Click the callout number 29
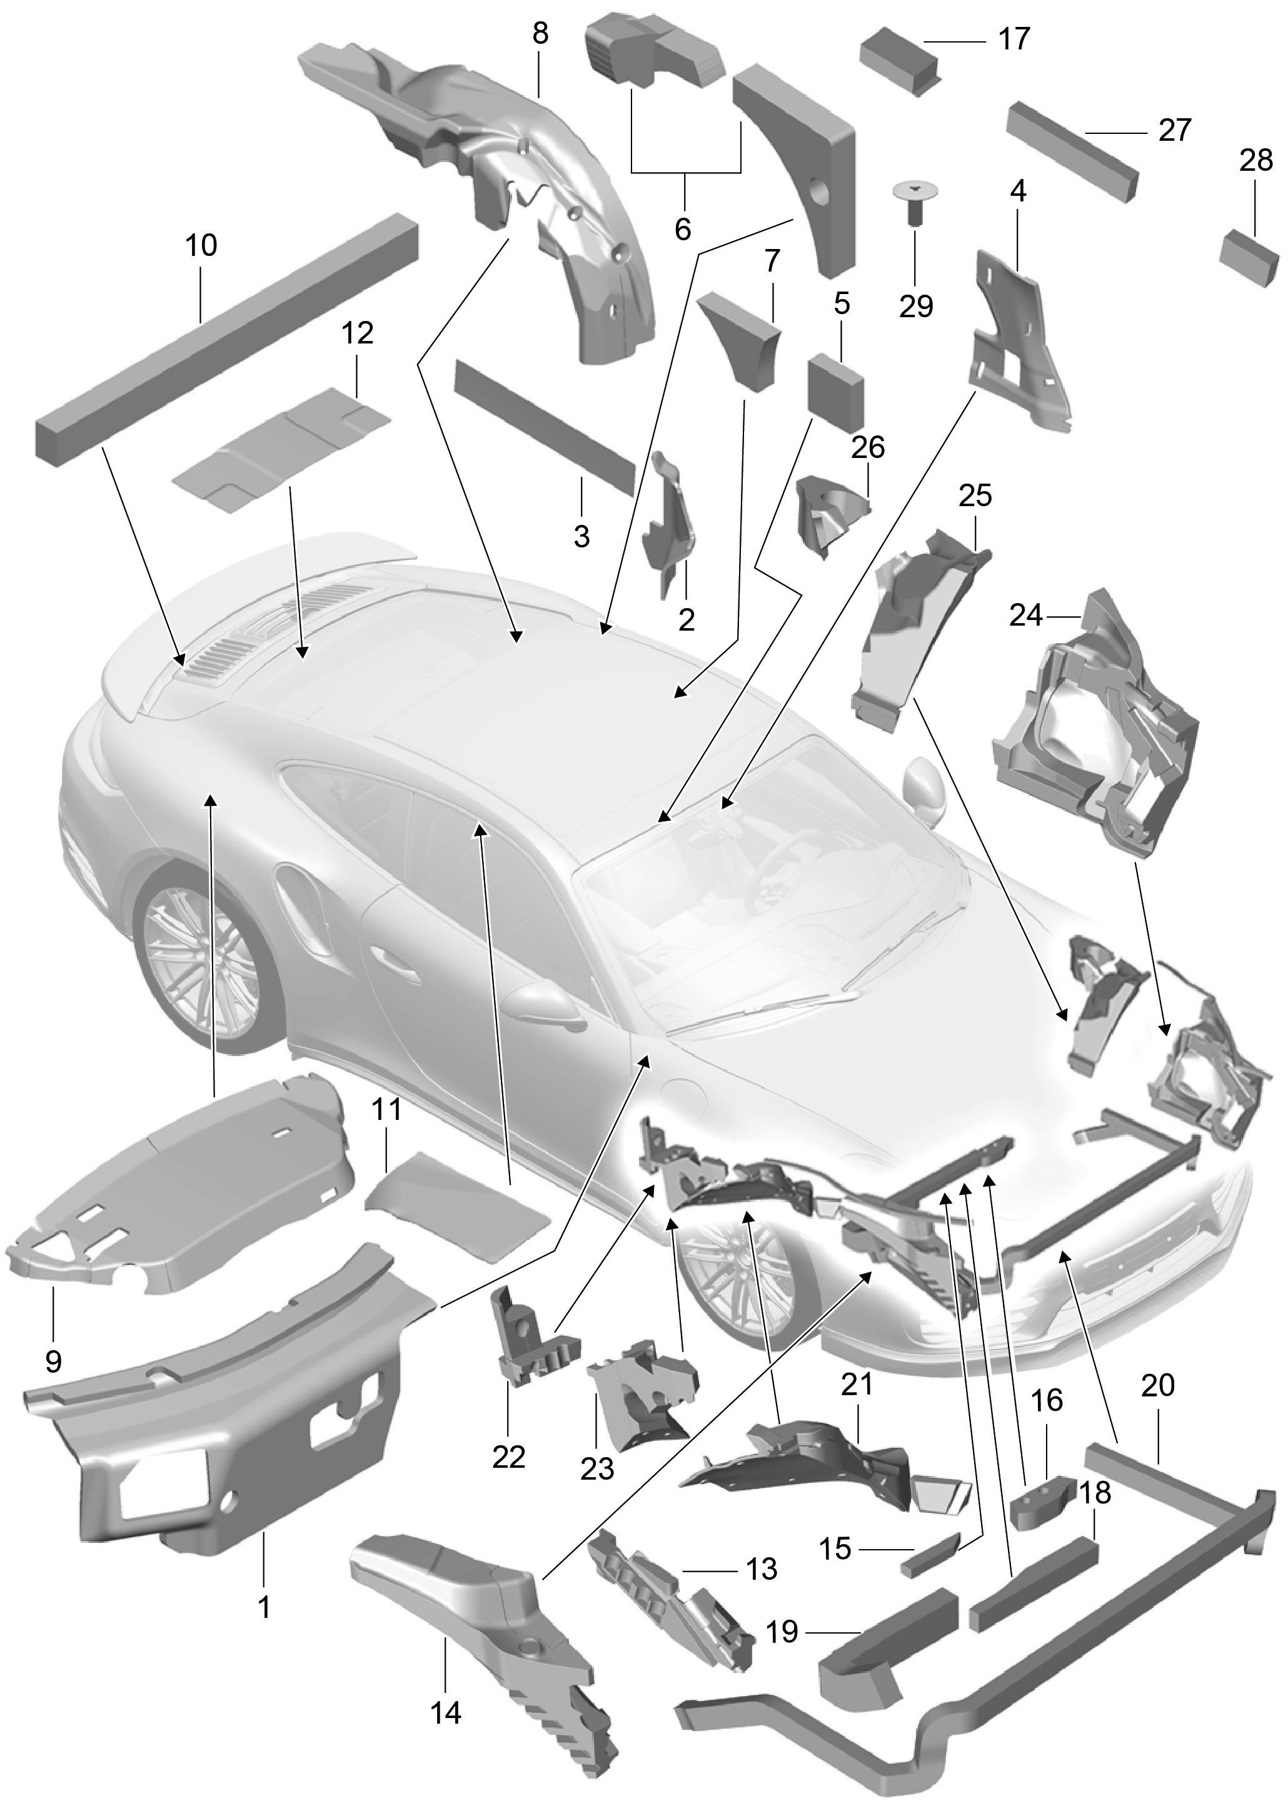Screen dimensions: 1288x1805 916,305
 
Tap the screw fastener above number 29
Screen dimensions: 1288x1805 915,201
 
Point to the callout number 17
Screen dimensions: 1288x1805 1013,38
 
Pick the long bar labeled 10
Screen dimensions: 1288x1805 227,338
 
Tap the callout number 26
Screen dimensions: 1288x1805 868,447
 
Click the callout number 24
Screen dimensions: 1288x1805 1026,615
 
